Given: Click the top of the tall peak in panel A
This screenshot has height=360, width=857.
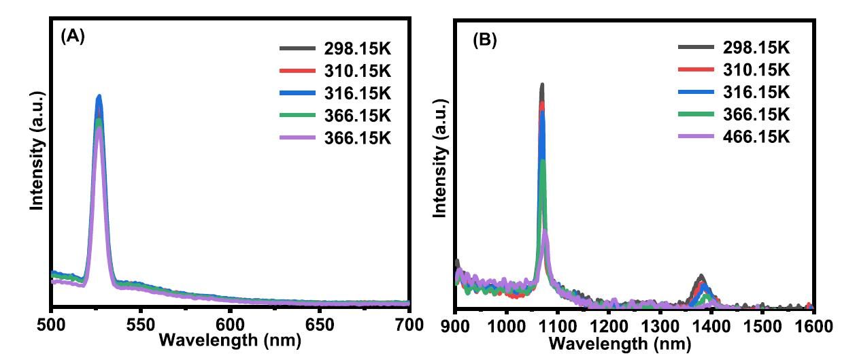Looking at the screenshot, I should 99,97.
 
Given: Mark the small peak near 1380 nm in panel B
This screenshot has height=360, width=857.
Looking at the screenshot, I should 701,276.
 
